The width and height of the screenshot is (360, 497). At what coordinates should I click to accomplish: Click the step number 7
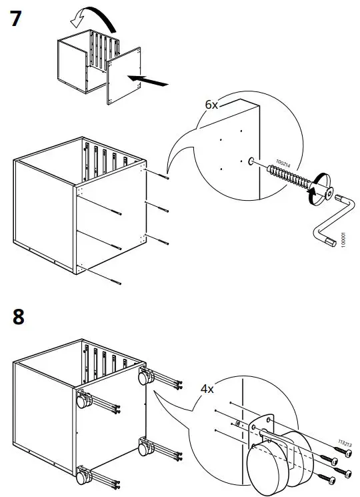click(20, 19)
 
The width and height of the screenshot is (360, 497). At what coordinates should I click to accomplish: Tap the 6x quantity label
click(212, 105)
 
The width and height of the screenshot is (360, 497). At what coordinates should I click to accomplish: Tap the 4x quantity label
click(209, 387)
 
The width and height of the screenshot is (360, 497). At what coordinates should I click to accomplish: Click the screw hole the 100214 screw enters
click(249, 161)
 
